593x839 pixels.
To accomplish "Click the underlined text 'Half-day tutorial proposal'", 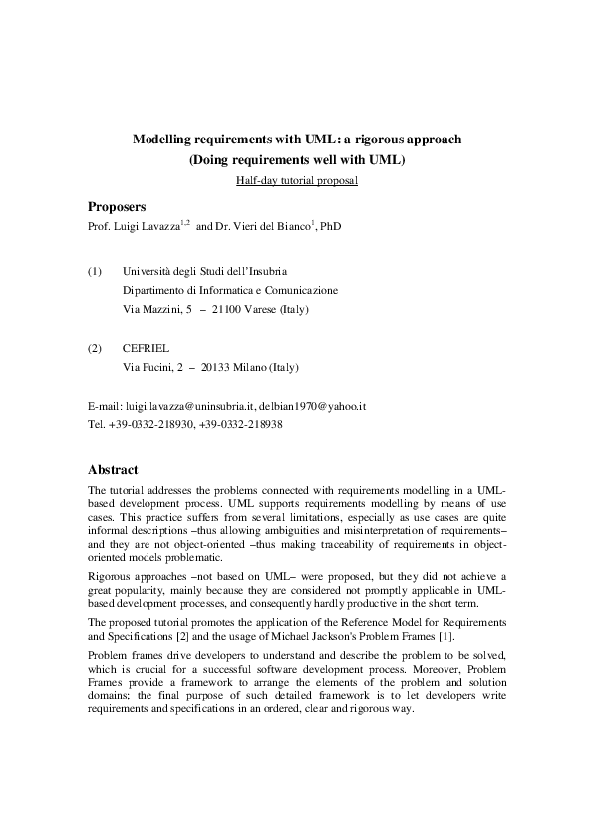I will click(296, 181).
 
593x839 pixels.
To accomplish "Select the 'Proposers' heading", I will click(117, 207).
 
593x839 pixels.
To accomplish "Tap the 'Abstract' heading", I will click(113, 469).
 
